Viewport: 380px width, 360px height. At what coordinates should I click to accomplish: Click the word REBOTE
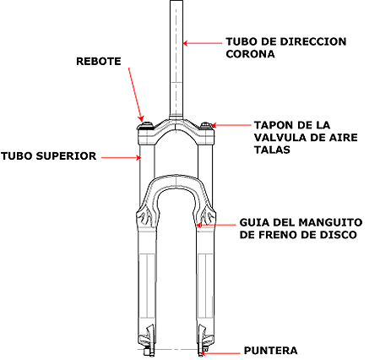99,62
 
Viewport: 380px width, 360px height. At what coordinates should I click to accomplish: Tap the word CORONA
250,54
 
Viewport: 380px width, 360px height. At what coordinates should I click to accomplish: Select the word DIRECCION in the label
313,41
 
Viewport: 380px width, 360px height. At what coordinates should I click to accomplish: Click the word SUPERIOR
66,156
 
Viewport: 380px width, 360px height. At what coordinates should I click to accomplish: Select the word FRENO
277,235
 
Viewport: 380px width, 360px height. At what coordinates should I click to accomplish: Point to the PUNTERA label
270,351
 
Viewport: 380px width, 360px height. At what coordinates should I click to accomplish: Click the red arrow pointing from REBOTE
136,94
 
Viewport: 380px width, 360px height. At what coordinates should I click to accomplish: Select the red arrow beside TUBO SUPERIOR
121,158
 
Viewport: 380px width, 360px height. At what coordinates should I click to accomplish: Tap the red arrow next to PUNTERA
220,353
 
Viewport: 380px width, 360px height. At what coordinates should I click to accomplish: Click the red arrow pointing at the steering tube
202,43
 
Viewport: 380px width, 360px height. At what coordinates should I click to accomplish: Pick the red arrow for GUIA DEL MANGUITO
215,225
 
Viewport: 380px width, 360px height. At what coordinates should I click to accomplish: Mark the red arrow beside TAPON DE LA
231,125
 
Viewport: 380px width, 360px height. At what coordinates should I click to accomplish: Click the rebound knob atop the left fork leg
146,125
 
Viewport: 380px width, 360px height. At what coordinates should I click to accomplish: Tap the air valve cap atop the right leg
206,125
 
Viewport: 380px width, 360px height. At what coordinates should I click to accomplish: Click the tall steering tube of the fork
176,60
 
